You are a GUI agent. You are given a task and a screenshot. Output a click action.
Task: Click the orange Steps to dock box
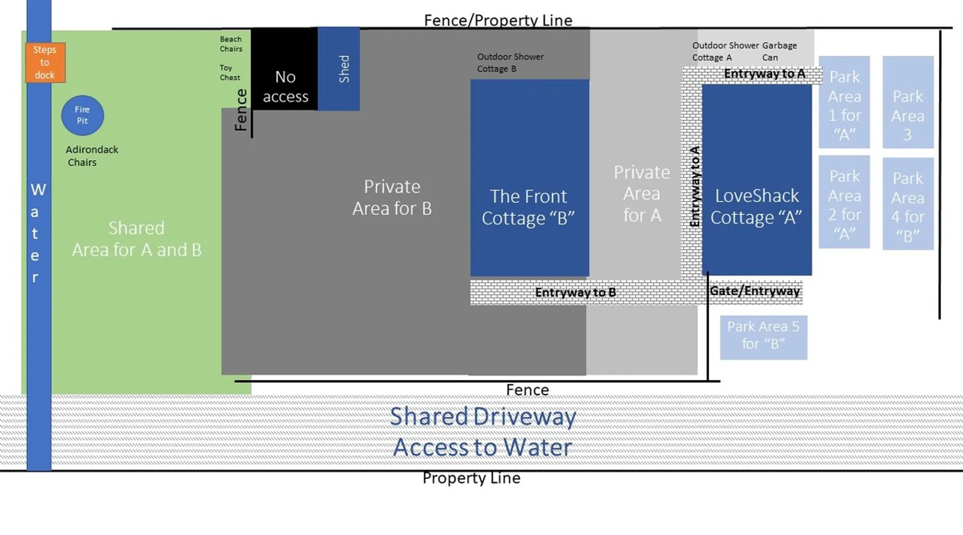[45, 63]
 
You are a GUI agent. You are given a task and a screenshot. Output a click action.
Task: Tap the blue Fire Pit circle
[82, 115]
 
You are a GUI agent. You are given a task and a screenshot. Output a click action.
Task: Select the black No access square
[284, 69]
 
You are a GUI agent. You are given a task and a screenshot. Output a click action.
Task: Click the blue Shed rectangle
[339, 69]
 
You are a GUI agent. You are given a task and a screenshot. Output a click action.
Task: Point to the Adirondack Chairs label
[91, 156]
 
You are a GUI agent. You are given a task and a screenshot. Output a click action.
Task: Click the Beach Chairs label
[231, 44]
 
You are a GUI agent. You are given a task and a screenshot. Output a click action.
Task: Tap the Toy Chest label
[230, 73]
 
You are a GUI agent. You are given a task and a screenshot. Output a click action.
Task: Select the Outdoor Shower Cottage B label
[510, 63]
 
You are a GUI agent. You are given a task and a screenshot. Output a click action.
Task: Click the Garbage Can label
[779, 51]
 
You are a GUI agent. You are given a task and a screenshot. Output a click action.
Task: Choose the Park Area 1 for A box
[844, 102]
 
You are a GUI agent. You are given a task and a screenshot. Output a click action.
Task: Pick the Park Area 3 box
[908, 102]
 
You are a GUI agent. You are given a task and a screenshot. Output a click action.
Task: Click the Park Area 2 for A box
[844, 202]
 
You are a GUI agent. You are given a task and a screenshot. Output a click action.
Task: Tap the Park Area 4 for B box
[908, 204]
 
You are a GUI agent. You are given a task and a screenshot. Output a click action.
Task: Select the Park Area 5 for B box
[763, 338]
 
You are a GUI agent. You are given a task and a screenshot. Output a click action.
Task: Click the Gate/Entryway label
[754, 291]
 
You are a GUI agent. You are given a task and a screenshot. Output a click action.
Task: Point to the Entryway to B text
[575, 293]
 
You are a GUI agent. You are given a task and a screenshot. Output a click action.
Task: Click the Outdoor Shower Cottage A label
[725, 51]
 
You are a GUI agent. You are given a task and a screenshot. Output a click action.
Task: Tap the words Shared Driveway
[483, 417]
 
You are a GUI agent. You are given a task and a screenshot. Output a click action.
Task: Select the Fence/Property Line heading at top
[498, 20]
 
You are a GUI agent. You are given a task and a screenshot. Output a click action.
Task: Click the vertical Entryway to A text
[694, 186]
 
